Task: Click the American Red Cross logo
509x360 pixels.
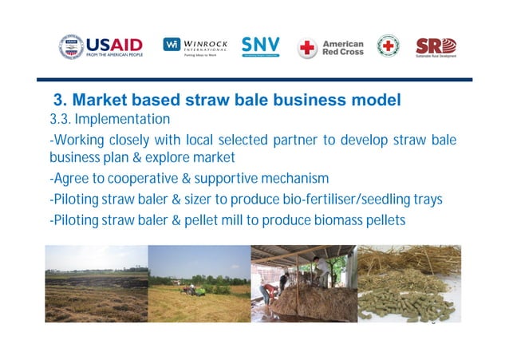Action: tap(330, 46)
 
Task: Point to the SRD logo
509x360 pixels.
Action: tap(436, 46)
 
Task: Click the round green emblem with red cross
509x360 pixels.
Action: tap(389, 45)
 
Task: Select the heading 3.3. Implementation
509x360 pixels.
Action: tap(109, 120)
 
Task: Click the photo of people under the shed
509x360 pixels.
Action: tap(303, 283)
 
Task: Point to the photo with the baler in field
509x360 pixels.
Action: tap(199, 283)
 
